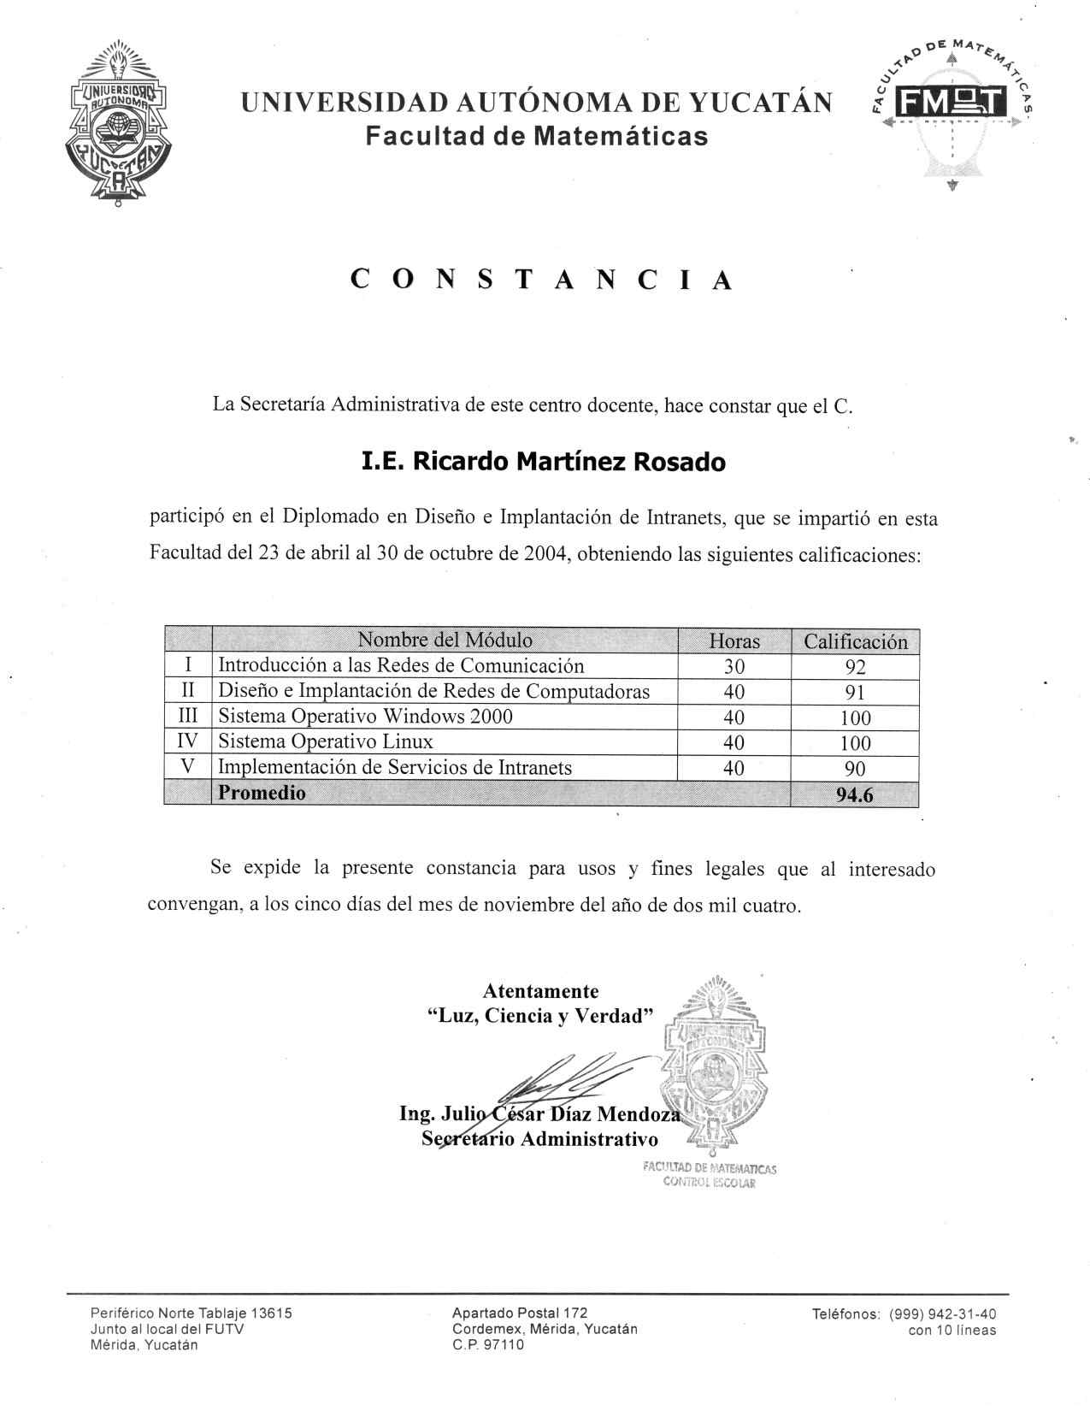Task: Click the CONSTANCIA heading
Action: [542, 280]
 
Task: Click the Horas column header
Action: [734, 641]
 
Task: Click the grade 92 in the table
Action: [855, 667]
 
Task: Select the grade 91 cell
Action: [855, 692]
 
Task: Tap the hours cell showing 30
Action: [734, 666]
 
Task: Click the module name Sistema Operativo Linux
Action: [326, 741]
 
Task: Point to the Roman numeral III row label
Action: [187, 717]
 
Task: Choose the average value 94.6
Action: [855, 794]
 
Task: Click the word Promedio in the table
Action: [262, 793]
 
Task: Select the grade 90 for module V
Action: [855, 768]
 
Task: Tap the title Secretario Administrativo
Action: [540, 1139]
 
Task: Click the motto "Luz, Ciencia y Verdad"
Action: [540, 1016]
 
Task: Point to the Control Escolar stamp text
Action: [710, 1183]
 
